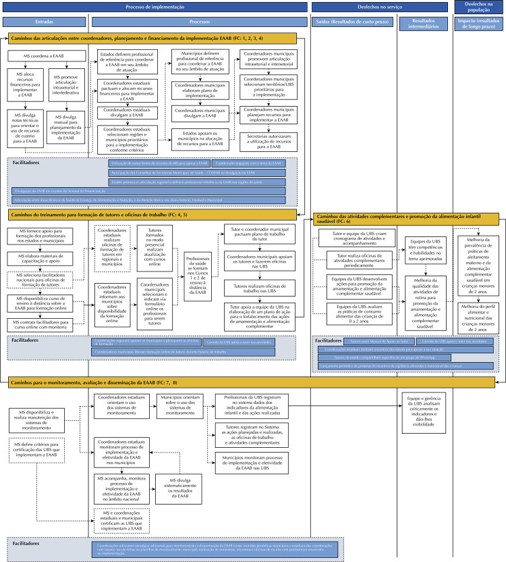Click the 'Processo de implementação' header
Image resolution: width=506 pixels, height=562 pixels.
(x=155, y=7)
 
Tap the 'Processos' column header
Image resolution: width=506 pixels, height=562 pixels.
(x=200, y=22)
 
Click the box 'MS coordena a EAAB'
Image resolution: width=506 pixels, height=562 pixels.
(x=38, y=55)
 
